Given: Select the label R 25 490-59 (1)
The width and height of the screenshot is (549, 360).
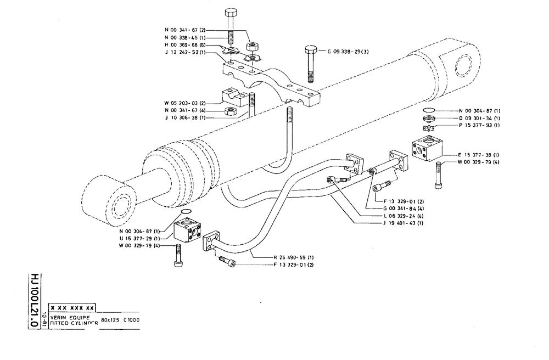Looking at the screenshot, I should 294,257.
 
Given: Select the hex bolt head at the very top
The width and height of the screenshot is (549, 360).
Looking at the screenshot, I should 231,14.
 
